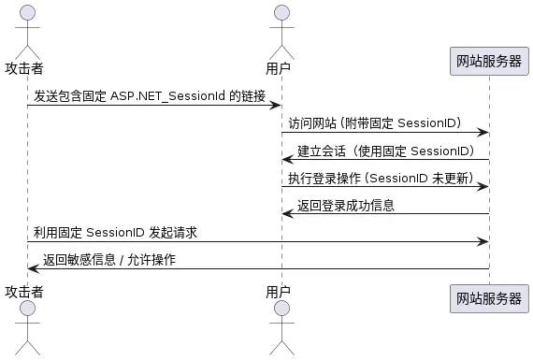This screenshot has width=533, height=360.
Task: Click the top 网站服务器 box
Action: coord(488,62)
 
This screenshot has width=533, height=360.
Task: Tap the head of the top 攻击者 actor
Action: coord(27,12)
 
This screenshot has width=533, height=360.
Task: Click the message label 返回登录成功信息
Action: coord(345,205)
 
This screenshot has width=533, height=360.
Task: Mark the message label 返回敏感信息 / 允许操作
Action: coord(108,259)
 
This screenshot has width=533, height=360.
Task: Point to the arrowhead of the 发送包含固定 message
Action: coord(276,106)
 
